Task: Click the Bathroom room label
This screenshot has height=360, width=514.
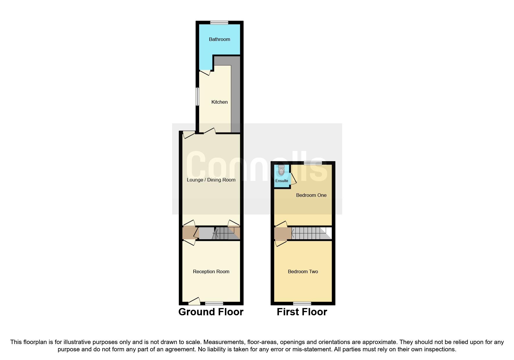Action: tap(219, 39)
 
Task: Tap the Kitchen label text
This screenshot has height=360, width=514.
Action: tap(219, 102)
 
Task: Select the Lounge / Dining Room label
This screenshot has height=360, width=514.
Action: tap(211, 180)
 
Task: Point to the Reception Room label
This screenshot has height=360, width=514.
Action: tap(211, 271)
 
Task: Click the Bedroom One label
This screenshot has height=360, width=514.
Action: tap(311, 195)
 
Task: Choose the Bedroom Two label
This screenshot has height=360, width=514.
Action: tap(303, 271)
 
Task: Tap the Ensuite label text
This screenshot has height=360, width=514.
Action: tap(282, 181)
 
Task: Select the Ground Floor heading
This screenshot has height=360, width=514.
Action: tap(211, 312)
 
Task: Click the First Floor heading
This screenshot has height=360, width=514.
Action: tap(302, 312)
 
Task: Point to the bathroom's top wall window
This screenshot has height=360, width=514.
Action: tap(219, 22)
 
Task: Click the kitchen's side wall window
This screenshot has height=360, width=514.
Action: tap(197, 96)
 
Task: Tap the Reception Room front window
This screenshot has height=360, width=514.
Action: tap(214, 303)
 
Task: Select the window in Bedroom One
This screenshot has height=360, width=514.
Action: tap(313, 163)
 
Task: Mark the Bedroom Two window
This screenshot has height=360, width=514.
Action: tap(302, 303)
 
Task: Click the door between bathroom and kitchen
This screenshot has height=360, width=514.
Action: tap(205, 72)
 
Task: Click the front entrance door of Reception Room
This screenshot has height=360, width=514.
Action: tap(194, 302)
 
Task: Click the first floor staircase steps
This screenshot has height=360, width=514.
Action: tap(308, 233)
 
